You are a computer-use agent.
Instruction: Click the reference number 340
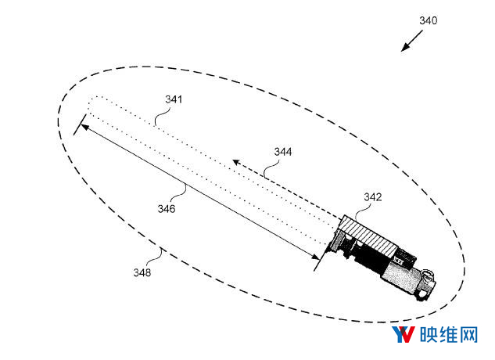pyautogui.click(x=428, y=21)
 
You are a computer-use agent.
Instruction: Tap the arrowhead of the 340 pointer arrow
pyautogui.click(x=405, y=48)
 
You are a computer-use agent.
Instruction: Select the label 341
pyautogui.click(x=174, y=99)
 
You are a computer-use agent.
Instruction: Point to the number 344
pyautogui.click(x=283, y=152)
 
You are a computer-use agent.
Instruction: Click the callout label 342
pyautogui.click(x=373, y=197)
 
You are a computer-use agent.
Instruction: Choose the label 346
pyautogui.click(x=167, y=209)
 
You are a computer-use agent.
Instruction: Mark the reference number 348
pyautogui.click(x=142, y=272)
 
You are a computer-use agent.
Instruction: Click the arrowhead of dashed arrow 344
pyautogui.click(x=236, y=163)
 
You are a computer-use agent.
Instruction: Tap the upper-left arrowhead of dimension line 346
pyautogui.click(x=84, y=127)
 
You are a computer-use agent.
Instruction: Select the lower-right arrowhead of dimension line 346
pyautogui.click(x=316, y=257)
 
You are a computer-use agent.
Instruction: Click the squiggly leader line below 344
pyautogui.click(x=271, y=168)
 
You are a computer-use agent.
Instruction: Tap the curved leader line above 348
pyautogui.click(x=156, y=257)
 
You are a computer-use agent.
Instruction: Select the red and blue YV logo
pyautogui.click(x=404, y=335)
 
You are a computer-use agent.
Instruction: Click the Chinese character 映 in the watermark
pyautogui.click(x=429, y=335)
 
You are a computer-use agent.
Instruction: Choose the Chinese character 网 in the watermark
pyautogui.click(x=468, y=335)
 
